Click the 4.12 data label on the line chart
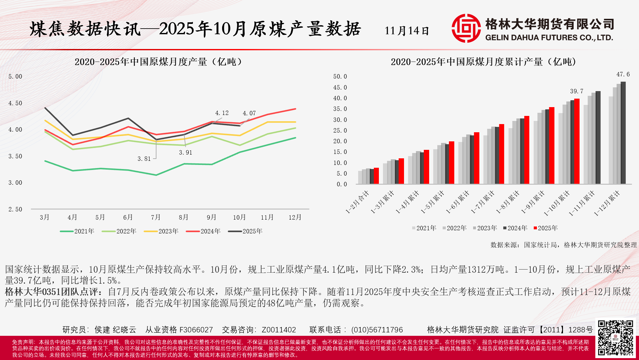[x=222, y=113]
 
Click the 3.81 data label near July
[x=144, y=159]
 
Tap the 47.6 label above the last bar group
[x=623, y=74]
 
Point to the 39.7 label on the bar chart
[x=577, y=91]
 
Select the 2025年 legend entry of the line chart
[x=245, y=231]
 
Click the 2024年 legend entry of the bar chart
[x=515, y=228]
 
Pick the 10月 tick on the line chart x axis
[x=239, y=217]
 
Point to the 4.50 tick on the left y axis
[x=15, y=103]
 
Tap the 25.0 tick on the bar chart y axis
[x=340, y=130]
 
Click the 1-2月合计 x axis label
[x=357, y=202]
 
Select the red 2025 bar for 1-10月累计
[x=577, y=141]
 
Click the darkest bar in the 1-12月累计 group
[x=623, y=133]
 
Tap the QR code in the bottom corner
[x=615, y=338]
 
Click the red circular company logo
[x=466, y=28]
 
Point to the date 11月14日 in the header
[x=407, y=31]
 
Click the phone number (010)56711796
[x=377, y=330]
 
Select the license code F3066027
[x=196, y=330]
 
